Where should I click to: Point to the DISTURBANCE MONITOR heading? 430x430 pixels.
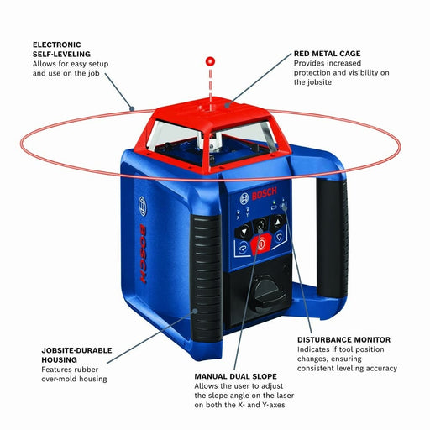pos(343,339)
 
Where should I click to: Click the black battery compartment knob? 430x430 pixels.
pos(267,298)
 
